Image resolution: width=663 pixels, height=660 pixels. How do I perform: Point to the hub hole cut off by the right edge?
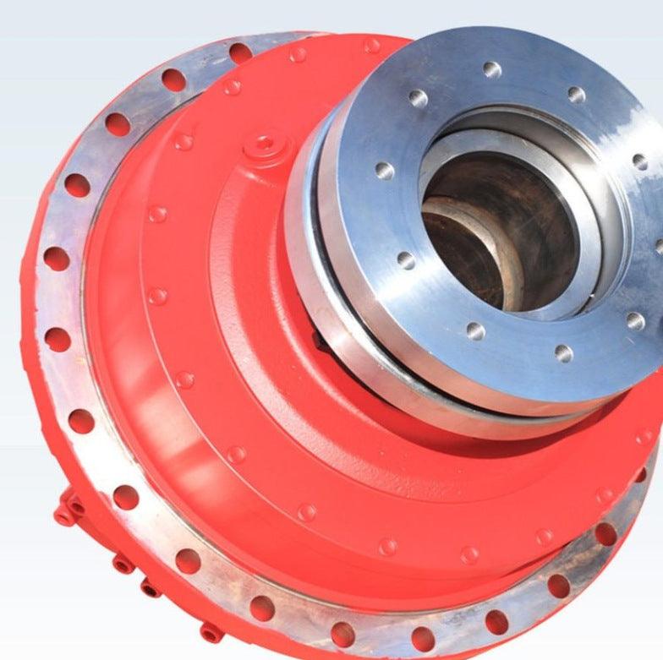pos(659,246)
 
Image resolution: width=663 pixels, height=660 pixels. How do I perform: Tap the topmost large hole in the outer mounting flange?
pos(241,52)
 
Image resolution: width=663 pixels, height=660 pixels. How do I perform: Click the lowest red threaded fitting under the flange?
pos(210,632)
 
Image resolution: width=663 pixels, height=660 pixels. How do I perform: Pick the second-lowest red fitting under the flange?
pos(150,587)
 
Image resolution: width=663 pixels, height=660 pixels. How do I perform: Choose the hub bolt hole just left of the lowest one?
pos(475,330)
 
